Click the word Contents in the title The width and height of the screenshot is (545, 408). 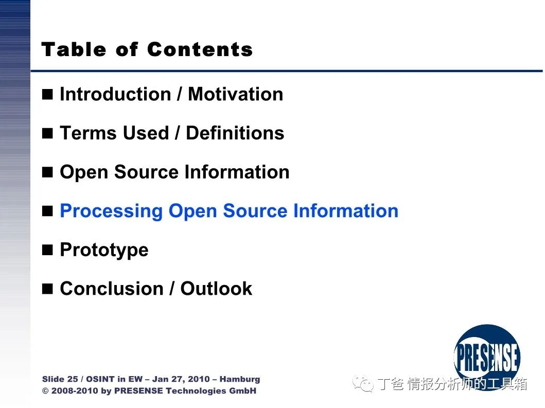click(200, 49)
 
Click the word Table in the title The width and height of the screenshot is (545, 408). click(74, 49)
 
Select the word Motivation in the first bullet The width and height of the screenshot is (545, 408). click(236, 94)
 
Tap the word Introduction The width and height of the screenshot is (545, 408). click(115, 94)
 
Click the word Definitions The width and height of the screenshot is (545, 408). click(235, 133)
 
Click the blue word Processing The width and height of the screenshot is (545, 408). click(111, 211)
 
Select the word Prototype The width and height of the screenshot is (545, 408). click(104, 250)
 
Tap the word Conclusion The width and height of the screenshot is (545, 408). click(112, 289)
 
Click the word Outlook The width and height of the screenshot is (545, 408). click(216, 289)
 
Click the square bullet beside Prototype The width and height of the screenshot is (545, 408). click(47, 250)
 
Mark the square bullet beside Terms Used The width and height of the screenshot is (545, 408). click(47, 133)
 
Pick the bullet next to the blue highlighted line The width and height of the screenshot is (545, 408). click(47, 211)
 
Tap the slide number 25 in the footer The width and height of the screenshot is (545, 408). click(72, 379)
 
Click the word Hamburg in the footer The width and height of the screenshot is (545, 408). click(240, 380)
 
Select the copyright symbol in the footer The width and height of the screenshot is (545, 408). click(45, 391)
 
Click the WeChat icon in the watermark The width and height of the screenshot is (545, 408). click(363, 383)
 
